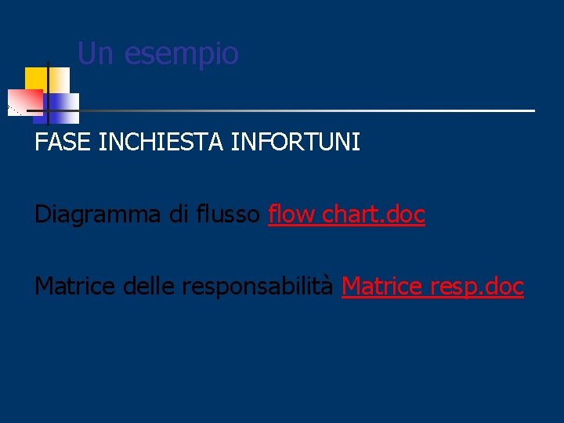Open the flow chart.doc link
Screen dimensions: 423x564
(x=346, y=215)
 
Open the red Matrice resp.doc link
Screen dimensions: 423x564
(x=432, y=287)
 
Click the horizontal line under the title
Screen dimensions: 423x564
(x=313, y=110)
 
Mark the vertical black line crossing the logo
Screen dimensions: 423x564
(x=49, y=94)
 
